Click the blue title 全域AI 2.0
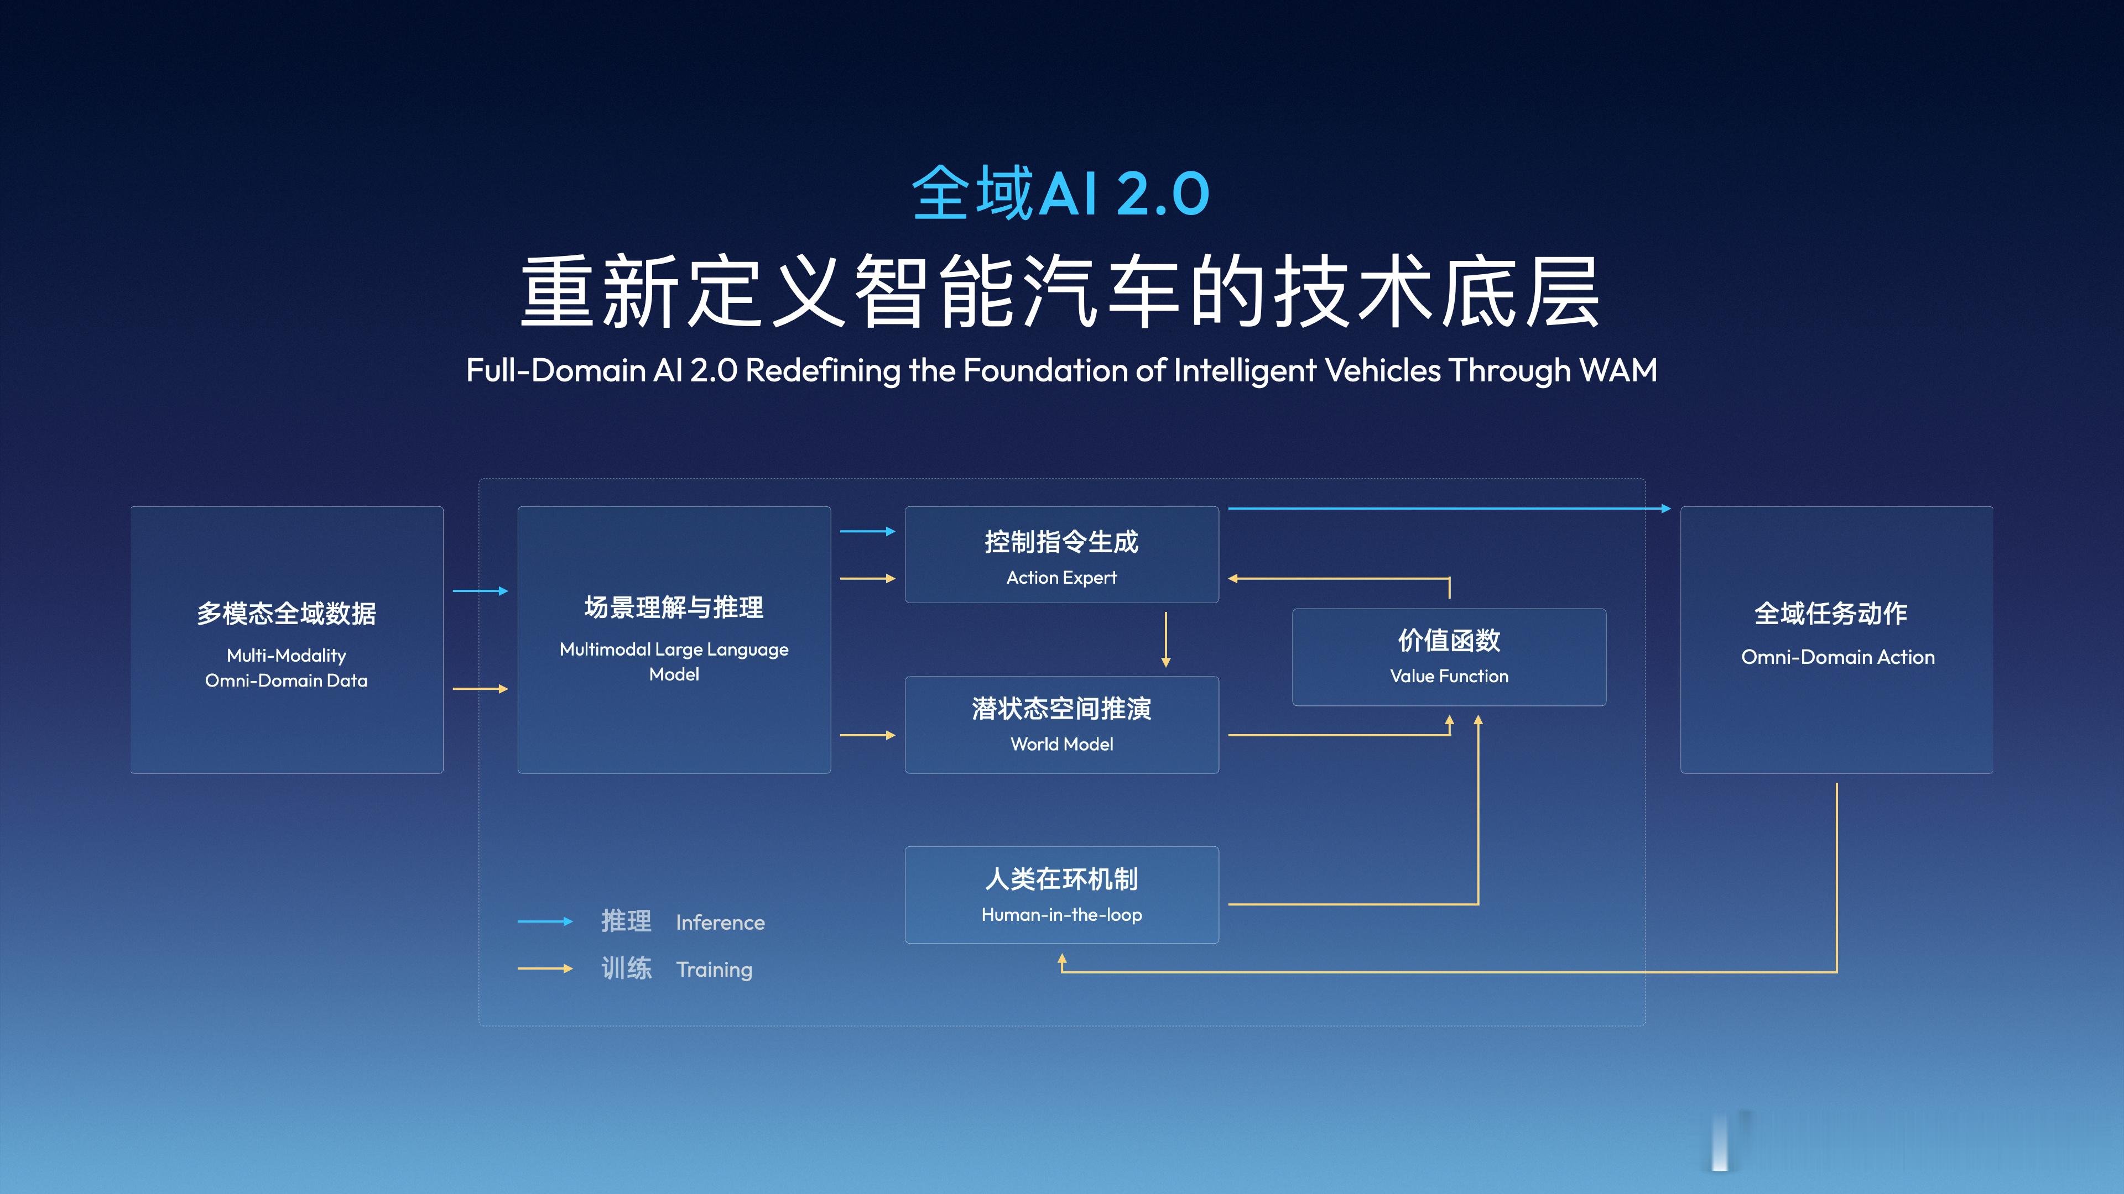pos(1060,193)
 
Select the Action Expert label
pos(1061,578)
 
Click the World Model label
pos(1061,744)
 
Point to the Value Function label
pos(1449,677)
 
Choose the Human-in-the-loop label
pos(1061,915)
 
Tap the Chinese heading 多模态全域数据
pos(286,613)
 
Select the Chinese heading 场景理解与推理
pos(674,608)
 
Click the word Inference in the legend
pos(720,922)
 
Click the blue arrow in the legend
pos(544,921)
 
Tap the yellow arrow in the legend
pos(544,968)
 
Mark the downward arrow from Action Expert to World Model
pos(1165,638)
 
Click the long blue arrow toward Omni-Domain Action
pos(1449,509)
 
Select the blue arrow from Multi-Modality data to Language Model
pos(480,591)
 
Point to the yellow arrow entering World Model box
pos(867,735)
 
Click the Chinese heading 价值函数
pos(1449,640)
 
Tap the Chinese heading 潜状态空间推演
pos(1061,709)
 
